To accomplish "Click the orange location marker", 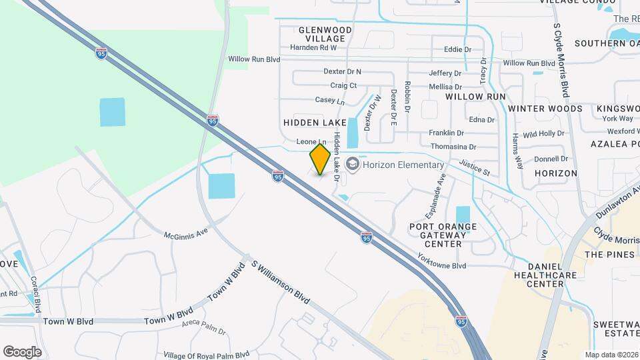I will [320, 159].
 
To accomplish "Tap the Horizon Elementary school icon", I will [352, 164].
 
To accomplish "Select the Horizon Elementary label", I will [403, 165].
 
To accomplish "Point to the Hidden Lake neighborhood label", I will [315, 123].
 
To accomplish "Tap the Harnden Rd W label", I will [313, 47].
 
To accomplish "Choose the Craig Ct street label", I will [343, 85].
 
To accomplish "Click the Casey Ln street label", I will [329, 101].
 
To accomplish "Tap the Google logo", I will [21, 352].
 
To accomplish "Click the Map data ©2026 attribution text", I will [611, 355].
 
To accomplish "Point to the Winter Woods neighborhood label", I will [545, 108].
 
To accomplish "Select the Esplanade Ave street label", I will [435, 197].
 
